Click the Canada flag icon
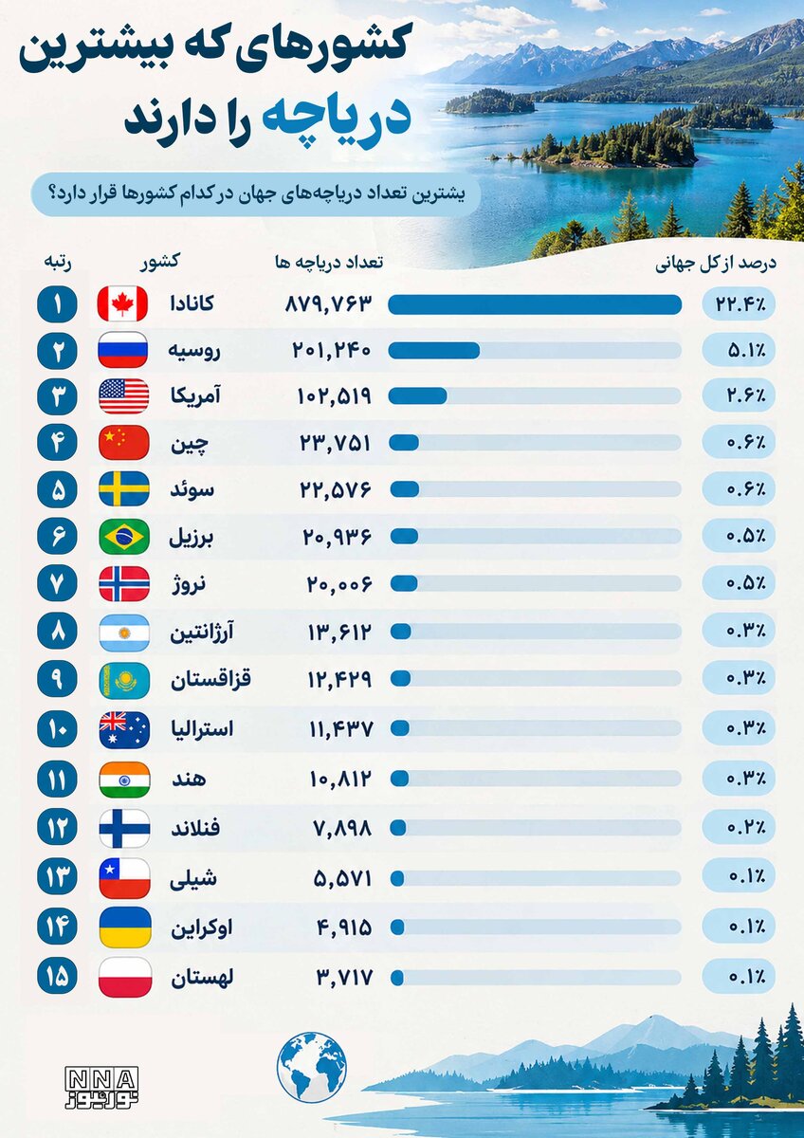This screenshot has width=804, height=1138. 122,303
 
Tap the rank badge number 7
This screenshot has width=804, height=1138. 57,584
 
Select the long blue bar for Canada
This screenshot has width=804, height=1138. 535,304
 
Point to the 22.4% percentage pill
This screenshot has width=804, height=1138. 739,304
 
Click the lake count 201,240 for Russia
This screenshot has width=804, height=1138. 332,351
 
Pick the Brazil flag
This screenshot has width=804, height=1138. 124,537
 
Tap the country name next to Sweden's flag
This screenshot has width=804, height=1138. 192,490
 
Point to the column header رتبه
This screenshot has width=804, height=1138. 57,263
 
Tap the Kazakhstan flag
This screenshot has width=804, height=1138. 124,681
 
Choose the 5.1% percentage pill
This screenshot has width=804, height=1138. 739,351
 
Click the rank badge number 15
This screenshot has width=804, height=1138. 57,976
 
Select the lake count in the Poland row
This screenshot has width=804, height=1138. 345,977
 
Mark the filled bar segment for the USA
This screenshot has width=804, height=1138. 417,396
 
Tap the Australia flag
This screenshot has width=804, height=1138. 124,730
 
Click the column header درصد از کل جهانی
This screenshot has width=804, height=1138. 715,265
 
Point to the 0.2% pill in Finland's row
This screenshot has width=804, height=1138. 739,828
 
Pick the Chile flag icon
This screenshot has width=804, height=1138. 124,878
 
